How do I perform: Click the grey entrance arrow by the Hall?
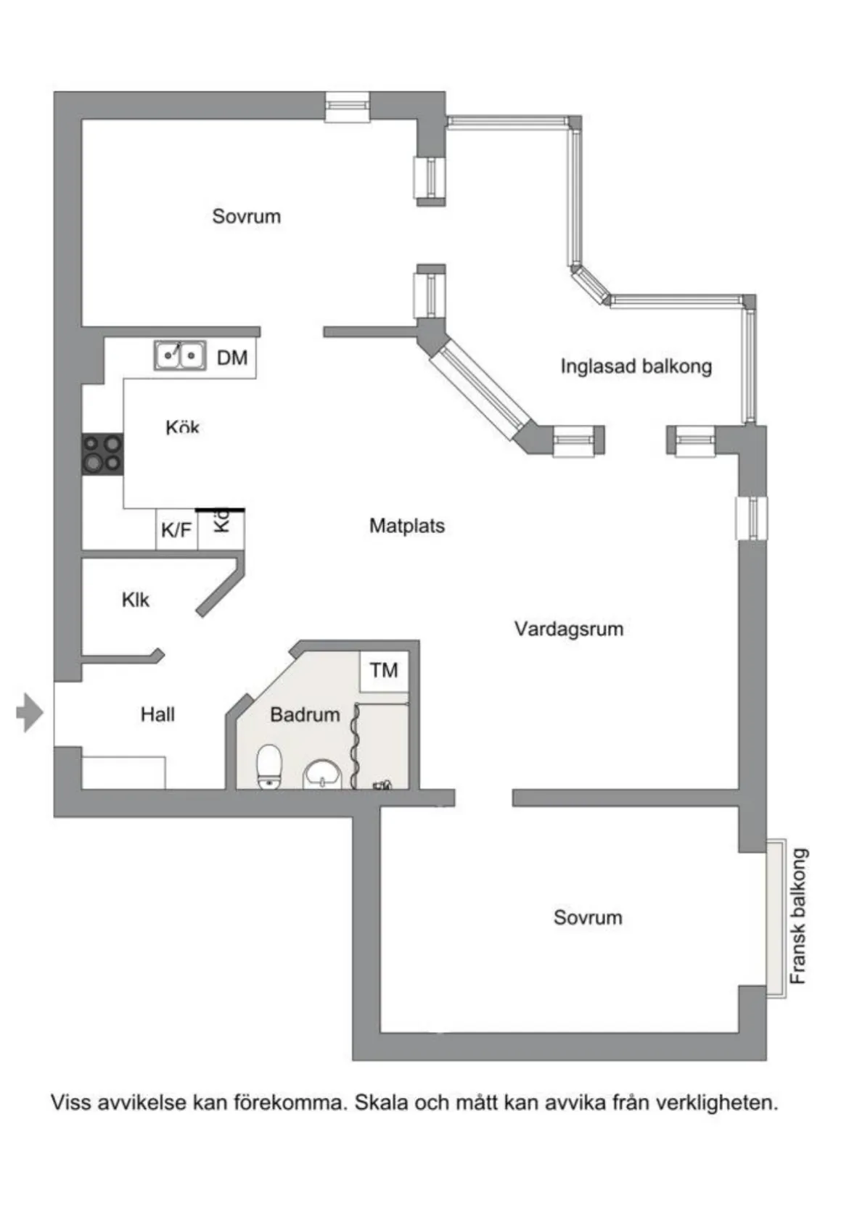tap(29, 712)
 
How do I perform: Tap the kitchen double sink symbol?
tap(180, 355)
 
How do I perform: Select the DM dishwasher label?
tap(232, 358)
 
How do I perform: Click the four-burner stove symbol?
tap(102, 454)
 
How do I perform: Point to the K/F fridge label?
tap(176, 530)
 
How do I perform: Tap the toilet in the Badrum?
tap(269, 766)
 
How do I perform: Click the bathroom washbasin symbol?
tap(322, 774)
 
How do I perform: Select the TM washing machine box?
tap(384, 670)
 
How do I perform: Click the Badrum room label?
tap(305, 714)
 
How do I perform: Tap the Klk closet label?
tap(136, 600)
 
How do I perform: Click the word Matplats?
tap(406, 526)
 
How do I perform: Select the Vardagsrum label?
tap(569, 629)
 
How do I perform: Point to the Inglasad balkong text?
tap(636, 366)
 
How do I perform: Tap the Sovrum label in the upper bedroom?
tap(246, 216)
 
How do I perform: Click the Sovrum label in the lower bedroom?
tap(588, 917)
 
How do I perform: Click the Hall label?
tap(157, 714)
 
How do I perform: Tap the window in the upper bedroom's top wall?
tap(347, 107)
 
